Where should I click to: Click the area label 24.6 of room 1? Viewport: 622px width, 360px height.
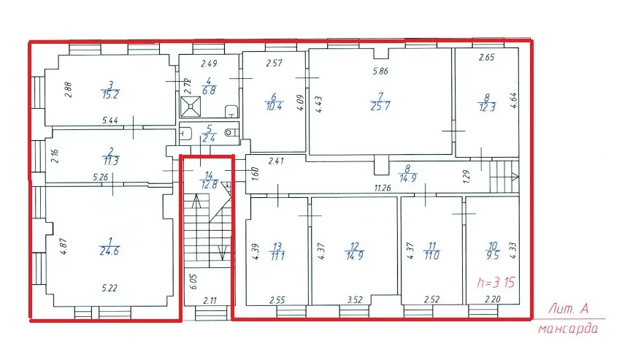click(109, 251)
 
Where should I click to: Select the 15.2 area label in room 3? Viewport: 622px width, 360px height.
click(110, 95)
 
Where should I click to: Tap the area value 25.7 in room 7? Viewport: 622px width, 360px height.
click(380, 107)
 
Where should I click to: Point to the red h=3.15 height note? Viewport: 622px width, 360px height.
click(496, 282)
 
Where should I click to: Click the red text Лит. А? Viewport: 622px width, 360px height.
click(568, 309)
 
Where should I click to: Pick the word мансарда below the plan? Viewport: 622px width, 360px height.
click(568, 329)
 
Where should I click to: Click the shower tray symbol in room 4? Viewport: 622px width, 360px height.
click(191, 107)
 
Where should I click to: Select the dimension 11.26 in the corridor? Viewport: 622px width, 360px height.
click(382, 188)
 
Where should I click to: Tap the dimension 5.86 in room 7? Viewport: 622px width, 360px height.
click(380, 72)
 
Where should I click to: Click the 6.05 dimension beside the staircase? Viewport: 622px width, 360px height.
click(194, 281)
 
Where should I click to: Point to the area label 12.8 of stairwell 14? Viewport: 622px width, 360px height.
click(209, 185)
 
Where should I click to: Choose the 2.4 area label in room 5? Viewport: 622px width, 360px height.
click(209, 139)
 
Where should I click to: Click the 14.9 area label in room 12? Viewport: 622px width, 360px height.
click(354, 256)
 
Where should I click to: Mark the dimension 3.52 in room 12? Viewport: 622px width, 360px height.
click(355, 300)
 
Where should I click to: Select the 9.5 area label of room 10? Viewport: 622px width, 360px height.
click(492, 256)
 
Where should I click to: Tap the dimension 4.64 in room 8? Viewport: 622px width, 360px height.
click(514, 101)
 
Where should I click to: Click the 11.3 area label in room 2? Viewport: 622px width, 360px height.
click(110, 161)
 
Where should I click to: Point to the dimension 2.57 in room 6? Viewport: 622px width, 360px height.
click(274, 63)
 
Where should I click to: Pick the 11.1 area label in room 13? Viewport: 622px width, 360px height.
click(277, 256)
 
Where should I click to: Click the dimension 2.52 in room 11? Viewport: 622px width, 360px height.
click(431, 299)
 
